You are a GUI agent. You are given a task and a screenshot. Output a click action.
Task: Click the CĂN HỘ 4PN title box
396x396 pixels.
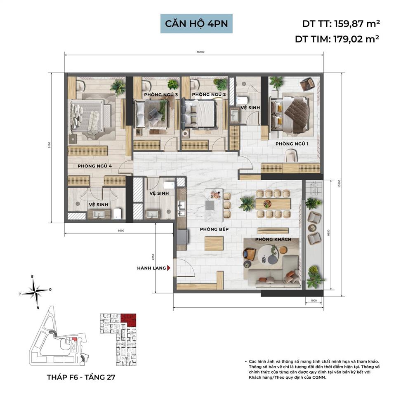coord(196,24)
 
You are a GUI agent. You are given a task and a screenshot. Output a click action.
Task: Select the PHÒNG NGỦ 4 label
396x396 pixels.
coord(94,166)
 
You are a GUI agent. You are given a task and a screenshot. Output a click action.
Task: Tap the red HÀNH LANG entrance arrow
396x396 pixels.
coord(169,268)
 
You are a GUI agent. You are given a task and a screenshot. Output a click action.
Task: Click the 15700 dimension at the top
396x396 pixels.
coord(201,52)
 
